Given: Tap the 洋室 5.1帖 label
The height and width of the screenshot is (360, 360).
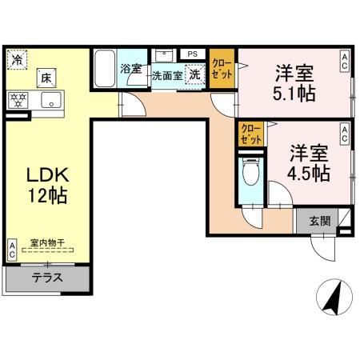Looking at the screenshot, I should (294, 82).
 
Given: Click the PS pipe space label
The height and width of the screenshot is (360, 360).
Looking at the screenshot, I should (192, 54).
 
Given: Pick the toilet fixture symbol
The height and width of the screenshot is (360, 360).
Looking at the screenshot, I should (250, 172).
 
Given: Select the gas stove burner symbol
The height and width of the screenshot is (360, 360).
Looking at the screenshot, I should (18, 100).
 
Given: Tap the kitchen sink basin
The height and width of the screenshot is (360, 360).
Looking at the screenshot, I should (51, 100).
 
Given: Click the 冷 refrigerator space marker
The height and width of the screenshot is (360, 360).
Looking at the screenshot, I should (17, 59).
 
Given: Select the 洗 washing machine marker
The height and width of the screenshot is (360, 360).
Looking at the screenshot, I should (194, 74).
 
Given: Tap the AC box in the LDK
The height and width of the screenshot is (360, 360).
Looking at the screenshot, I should (13, 249).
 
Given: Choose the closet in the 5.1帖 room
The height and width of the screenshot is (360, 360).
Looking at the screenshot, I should (222, 70).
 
